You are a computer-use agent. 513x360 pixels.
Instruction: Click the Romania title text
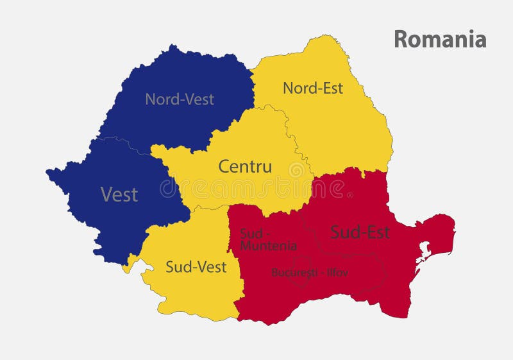[440, 39]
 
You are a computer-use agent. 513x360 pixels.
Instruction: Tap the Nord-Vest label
[180, 99]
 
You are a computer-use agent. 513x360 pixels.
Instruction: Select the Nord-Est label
[313, 88]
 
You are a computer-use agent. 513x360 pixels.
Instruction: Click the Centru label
[245, 167]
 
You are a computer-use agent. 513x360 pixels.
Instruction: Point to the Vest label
[119, 194]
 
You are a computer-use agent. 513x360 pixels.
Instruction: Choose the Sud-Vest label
[196, 267]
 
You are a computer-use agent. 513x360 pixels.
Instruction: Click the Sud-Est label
[360, 232]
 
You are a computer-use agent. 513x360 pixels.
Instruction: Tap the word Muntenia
[269, 246]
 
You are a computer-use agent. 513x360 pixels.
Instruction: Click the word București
[294, 273]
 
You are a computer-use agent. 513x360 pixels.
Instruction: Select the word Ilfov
[336, 273]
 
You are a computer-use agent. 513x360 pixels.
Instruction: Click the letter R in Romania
[400, 39]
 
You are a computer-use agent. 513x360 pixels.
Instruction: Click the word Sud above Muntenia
[249, 232]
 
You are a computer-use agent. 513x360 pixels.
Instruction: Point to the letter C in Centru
[224, 167]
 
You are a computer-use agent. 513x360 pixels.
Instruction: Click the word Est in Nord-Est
[332, 88]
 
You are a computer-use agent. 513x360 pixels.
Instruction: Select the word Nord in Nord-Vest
[160, 99]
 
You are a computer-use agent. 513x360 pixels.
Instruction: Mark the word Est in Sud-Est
[377, 232]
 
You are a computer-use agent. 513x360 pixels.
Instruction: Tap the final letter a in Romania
[480, 40]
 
